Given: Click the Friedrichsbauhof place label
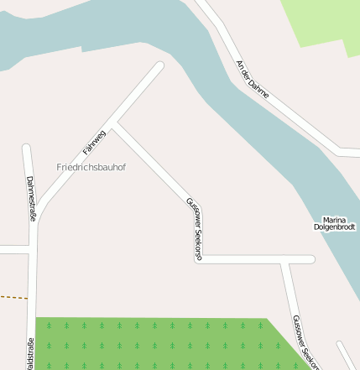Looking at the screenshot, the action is click(91, 167).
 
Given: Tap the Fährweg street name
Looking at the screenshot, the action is click(94, 142).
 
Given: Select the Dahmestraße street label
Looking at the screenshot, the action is click(31, 198).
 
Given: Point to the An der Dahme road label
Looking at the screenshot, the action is click(253, 80).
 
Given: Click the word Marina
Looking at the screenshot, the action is click(335, 219).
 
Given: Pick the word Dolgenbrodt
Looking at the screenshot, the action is click(335, 227).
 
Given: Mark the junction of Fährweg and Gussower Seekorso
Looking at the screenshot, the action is click(116, 127).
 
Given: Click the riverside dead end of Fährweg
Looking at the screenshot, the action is click(159, 66).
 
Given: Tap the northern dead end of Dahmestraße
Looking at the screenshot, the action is click(26, 149).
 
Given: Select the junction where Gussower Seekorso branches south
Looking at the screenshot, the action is click(286, 260).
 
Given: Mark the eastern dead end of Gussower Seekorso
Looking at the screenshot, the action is click(310, 260).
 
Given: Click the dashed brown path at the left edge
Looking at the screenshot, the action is click(13, 297).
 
